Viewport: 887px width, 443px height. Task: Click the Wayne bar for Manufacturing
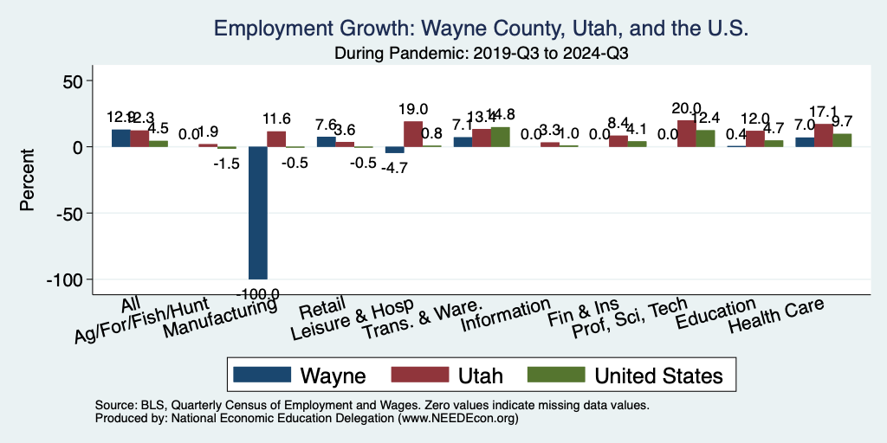click(257, 213)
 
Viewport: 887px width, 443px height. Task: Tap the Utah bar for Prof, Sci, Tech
click(687, 133)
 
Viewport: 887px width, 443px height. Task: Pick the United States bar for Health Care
click(842, 140)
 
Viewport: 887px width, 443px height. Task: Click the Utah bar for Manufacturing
click(276, 139)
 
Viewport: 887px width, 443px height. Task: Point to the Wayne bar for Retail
click(326, 142)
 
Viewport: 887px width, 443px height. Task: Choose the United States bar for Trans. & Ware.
click(500, 137)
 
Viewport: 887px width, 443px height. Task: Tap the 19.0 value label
click(413, 109)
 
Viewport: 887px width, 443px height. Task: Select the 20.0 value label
click(686, 108)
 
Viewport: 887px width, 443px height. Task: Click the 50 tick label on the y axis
click(70, 81)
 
